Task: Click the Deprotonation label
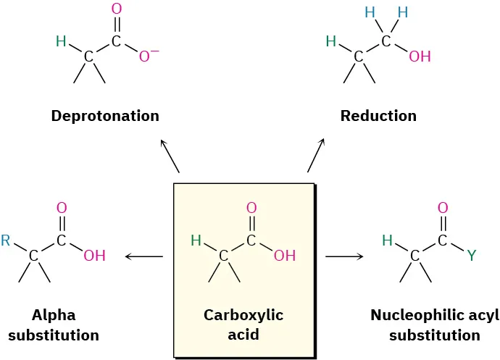click(x=105, y=116)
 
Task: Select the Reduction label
click(x=378, y=116)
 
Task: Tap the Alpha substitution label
click(x=54, y=325)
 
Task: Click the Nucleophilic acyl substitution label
click(x=434, y=325)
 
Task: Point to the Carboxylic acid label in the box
click(x=243, y=325)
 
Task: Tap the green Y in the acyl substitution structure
click(x=472, y=256)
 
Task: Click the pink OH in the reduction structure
click(x=420, y=56)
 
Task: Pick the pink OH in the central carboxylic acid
click(x=285, y=256)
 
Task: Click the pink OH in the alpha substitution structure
click(x=94, y=256)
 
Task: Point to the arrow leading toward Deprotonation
click(x=170, y=156)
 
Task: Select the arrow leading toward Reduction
click(x=316, y=155)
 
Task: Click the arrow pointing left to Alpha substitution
click(x=144, y=256)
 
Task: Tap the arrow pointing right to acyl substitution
click(x=343, y=256)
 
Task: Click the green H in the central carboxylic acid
click(x=196, y=240)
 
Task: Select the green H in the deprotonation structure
click(x=61, y=42)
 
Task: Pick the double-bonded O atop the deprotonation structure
click(x=116, y=10)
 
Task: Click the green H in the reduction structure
click(x=331, y=42)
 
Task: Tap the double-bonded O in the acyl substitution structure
click(x=443, y=209)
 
